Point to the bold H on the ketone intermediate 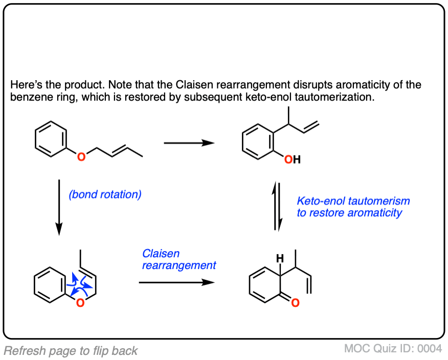[280, 260]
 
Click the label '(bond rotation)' [105, 195]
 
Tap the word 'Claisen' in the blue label [161, 254]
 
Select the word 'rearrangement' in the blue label [179, 265]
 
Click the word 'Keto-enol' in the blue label [321, 201]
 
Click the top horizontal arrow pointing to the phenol [189, 144]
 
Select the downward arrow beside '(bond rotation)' [59, 207]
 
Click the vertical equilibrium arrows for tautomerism [277, 206]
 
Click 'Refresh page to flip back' [71, 351]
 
